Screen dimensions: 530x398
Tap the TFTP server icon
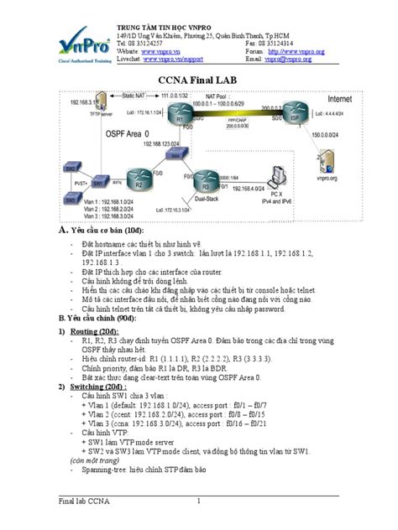coord(101,107)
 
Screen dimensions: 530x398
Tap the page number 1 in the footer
coord(198,502)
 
